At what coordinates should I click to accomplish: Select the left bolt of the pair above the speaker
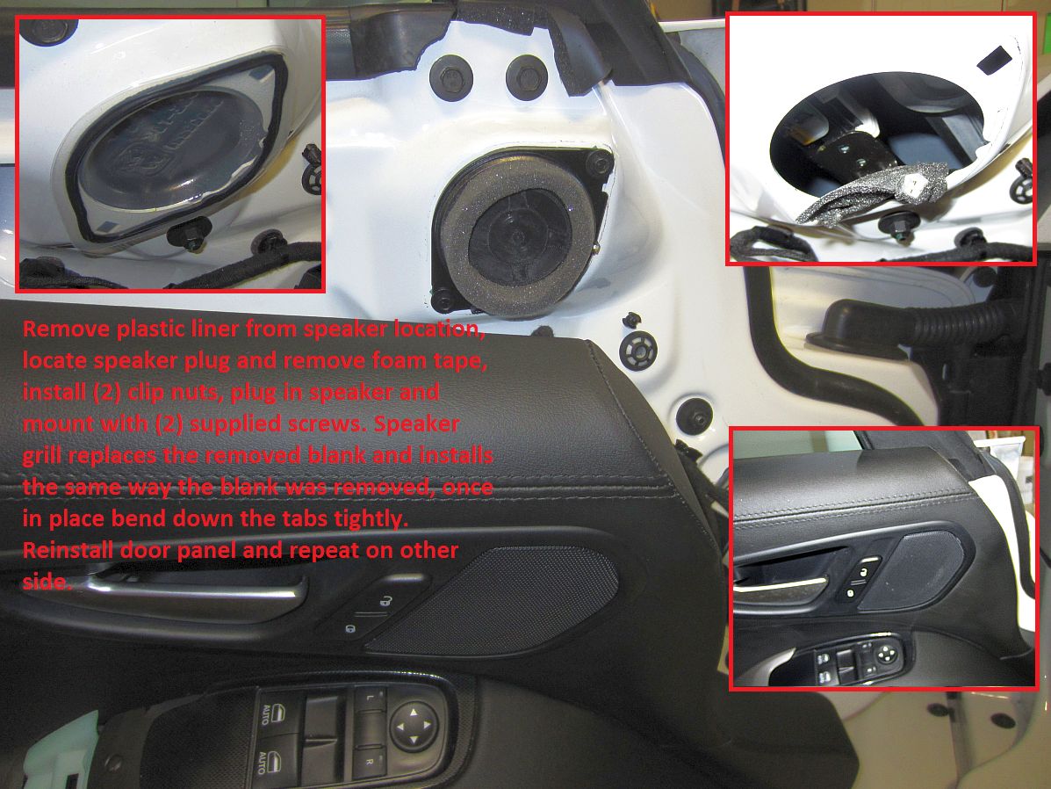pyautogui.click(x=451, y=77)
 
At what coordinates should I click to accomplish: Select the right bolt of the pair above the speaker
pyautogui.click(x=527, y=77)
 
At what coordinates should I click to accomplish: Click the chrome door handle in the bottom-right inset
pyautogui.click(x=781, y=586)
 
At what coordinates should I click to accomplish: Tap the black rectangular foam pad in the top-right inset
pyautogui.click(x=995, y=60)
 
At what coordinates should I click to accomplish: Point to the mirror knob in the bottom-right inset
pyautogui.click(x=886, y=653)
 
